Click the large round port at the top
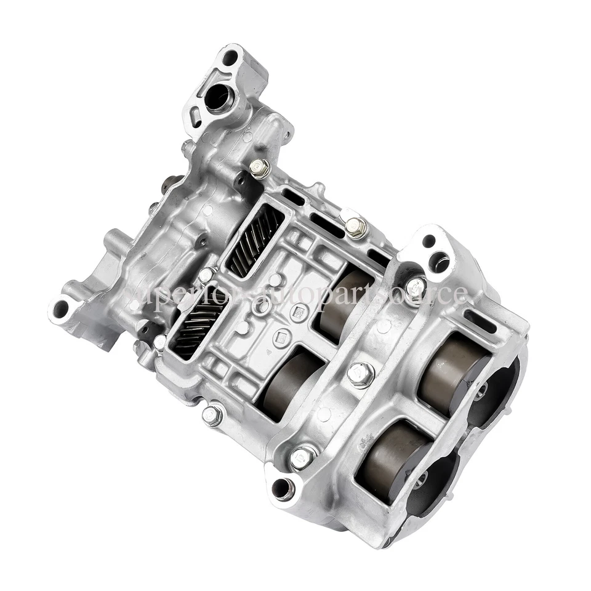coord(219,97)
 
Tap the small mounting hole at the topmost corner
coord(230,58)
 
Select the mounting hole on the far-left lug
coord(61,308)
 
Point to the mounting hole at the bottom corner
coord(283,489)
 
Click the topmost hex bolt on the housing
coord(260,167)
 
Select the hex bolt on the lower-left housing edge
coord(212,415)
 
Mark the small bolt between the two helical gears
coord(207,275)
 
